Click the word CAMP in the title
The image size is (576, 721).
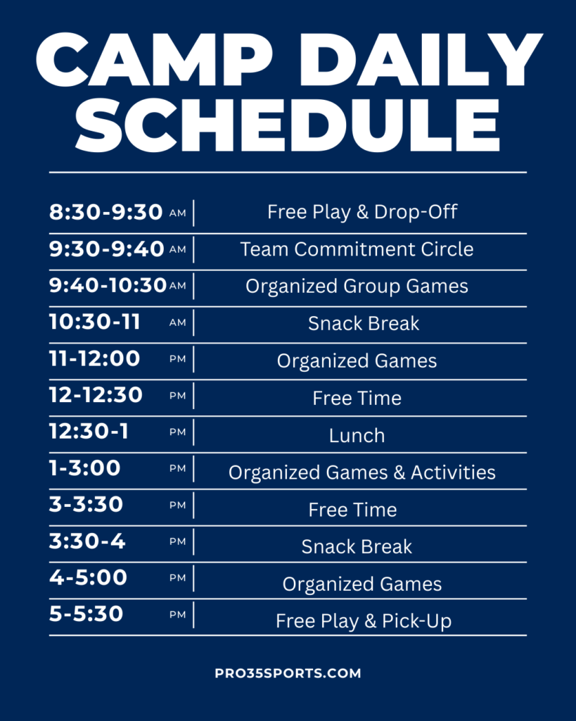pos(154,60)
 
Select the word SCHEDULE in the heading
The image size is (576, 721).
pos(288,125)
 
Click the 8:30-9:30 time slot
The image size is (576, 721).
pos(106,212)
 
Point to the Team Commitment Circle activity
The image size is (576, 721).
pos(357,249)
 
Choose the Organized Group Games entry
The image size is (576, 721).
pos(357,287)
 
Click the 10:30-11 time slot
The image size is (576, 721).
pos(95,321)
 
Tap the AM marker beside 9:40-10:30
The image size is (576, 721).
pos(178,286)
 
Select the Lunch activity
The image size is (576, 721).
pos(357,435)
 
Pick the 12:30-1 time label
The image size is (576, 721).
pos(89,432)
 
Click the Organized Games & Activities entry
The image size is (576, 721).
pos(362,472)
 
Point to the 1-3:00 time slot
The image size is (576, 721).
pos(85,468)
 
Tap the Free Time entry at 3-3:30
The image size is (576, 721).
pos(353,510)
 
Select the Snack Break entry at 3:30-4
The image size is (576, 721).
pos(357,546)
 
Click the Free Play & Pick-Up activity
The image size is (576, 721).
pos(364,621)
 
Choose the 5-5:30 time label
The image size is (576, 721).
pos(87,614)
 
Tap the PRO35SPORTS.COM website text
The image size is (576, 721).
pos(288,673)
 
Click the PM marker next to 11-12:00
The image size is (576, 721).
pos(178,359)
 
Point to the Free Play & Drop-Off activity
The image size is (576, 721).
pos(362,212)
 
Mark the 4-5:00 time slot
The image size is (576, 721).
pos(88,577)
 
